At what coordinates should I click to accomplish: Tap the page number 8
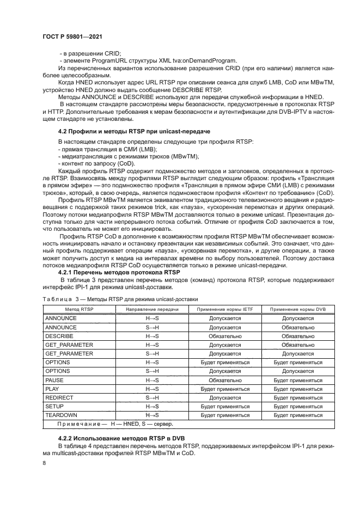[45, 463]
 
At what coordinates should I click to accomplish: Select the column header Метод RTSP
[75, 309]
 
